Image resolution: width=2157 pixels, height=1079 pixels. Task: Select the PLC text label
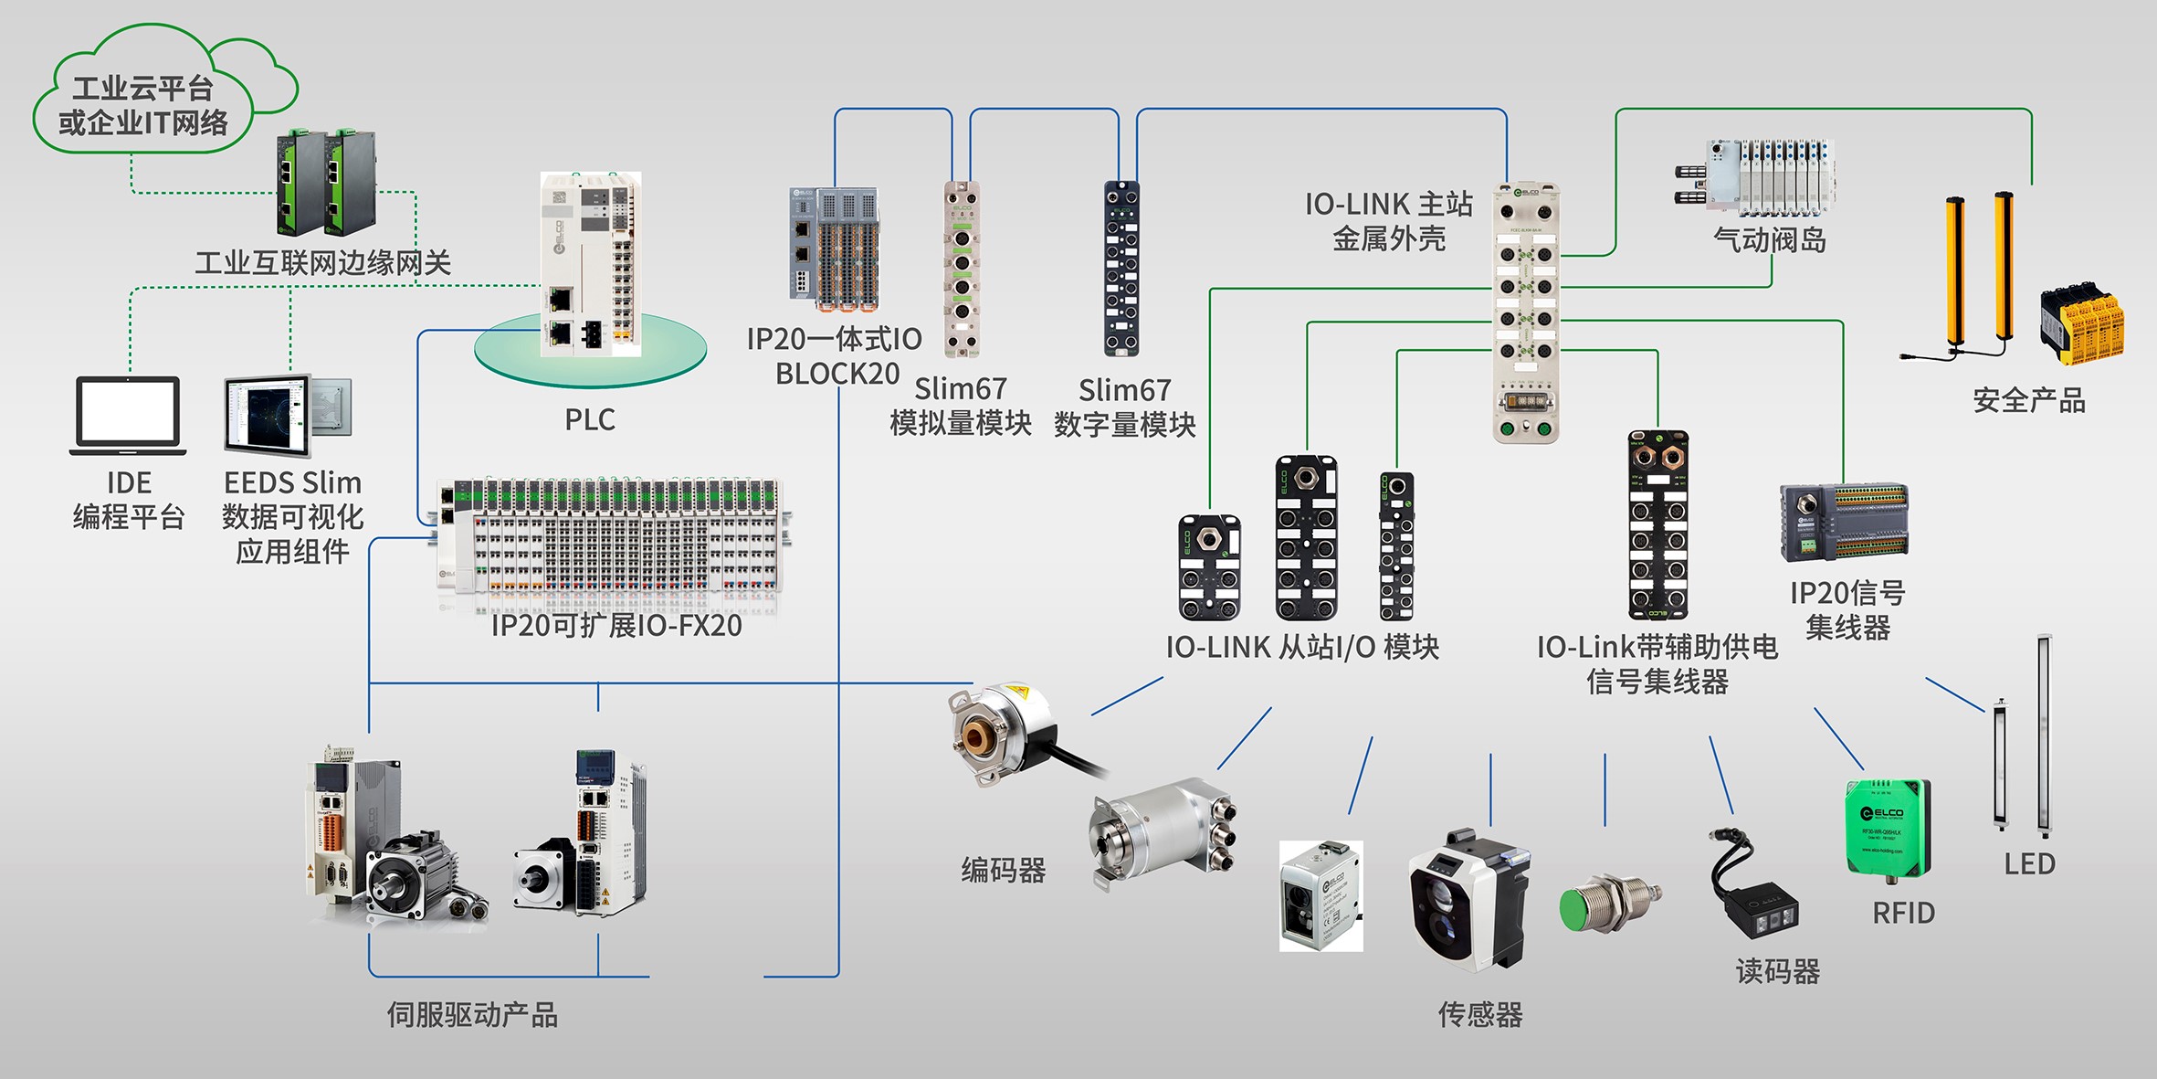pos(590,419)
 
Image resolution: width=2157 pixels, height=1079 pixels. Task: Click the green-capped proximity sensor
pos(1607,903)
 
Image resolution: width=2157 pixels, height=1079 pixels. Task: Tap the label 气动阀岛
pos(1770,240)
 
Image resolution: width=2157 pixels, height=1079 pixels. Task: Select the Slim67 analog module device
pos(962,268)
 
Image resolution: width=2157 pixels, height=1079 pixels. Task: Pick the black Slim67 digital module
pos(1121,268)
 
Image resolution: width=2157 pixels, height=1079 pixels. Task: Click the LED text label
pos(2029,863)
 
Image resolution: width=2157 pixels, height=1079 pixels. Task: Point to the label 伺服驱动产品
pos(472,1014)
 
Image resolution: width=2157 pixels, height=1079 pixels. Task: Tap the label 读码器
pos(1777,971)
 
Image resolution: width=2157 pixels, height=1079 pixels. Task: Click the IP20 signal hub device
pos(1844,522)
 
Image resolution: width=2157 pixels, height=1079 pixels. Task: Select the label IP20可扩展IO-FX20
pos(616,626)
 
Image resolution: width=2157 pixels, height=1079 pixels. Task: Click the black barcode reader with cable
pos(1753,895)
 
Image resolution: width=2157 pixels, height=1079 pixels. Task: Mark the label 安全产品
pos(2029,400)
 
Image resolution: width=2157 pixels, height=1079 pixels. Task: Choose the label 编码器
pos(1003,870)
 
